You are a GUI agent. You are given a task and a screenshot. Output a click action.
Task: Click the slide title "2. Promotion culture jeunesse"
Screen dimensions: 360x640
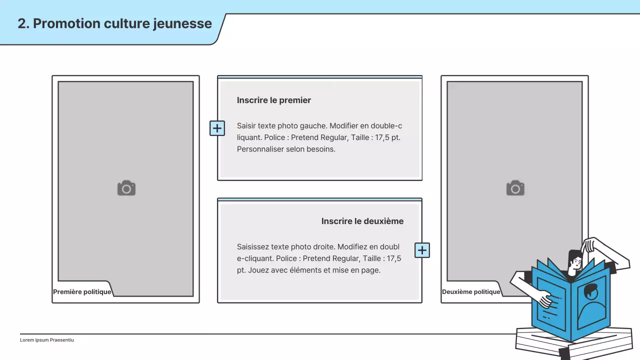(114, 23)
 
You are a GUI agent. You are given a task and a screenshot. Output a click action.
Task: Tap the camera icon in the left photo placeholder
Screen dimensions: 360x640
(126, 188)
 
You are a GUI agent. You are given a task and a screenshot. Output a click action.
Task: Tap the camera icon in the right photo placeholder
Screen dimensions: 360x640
(515, 188)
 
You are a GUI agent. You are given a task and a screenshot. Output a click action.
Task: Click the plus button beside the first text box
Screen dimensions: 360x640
(217, 128)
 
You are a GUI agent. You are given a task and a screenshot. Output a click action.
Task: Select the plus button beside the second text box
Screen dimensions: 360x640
(422, 250)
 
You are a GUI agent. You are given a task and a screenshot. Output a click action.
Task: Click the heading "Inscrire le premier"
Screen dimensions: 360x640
(274, 100)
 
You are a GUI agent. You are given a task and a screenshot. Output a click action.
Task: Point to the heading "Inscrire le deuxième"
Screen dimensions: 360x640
(362, 221)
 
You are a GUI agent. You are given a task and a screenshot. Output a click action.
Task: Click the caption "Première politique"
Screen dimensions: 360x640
(82, 292)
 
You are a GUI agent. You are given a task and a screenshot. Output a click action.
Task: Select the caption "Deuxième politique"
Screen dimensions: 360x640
(471, 292)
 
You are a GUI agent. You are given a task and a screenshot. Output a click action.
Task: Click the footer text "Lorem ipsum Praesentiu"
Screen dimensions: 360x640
(47, 340)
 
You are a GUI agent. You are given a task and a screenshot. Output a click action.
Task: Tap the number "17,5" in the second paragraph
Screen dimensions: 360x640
(394, 258)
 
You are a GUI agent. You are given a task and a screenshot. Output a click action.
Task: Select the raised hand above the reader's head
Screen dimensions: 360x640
(590, 245)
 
